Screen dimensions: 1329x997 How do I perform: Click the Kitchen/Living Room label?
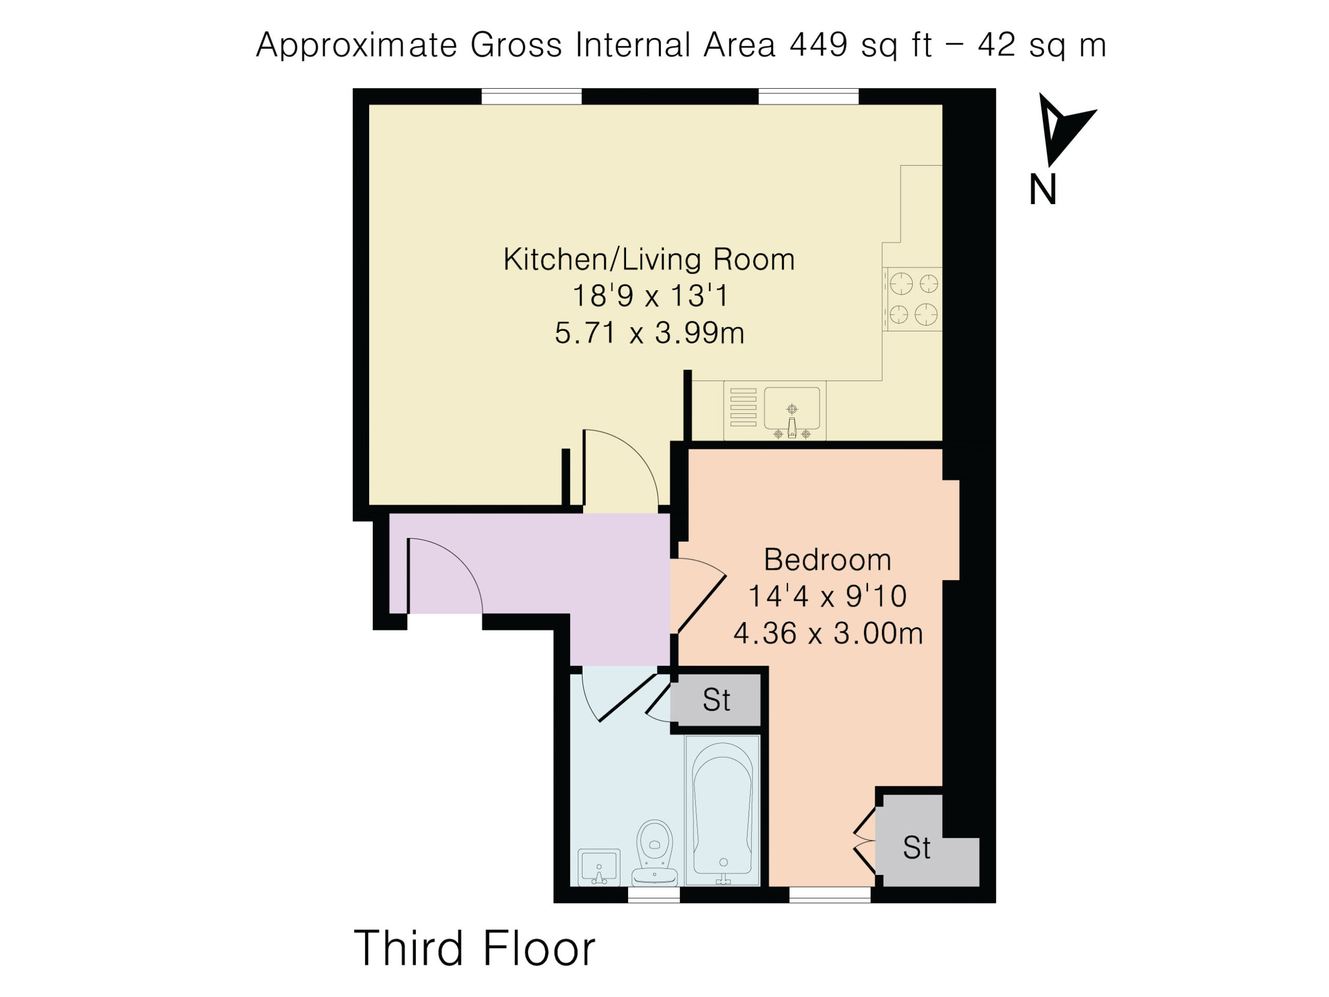[x=649, y=260]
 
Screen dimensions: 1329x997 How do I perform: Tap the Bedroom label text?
[x=828, y=560]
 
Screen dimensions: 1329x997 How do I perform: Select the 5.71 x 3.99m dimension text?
[x=649, y=333]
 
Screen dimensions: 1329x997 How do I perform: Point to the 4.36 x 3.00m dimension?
[x=828, y=634]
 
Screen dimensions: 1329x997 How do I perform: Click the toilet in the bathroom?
[x=655, y=853]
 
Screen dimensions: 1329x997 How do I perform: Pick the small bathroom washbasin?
[x=599, y=867]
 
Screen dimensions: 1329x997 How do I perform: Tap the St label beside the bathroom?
[x=716, y=700]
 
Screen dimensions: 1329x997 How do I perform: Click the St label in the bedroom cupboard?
[x=916, y=848]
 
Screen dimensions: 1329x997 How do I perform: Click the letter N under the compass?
[x=1042, y=190]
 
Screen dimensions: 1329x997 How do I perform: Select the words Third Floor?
[x=474, y=948]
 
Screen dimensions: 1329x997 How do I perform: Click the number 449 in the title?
[x=818, y=45]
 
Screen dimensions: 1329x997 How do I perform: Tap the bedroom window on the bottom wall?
[x=830, y=895]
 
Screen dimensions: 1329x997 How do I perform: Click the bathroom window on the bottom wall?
[x=654, y=895]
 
